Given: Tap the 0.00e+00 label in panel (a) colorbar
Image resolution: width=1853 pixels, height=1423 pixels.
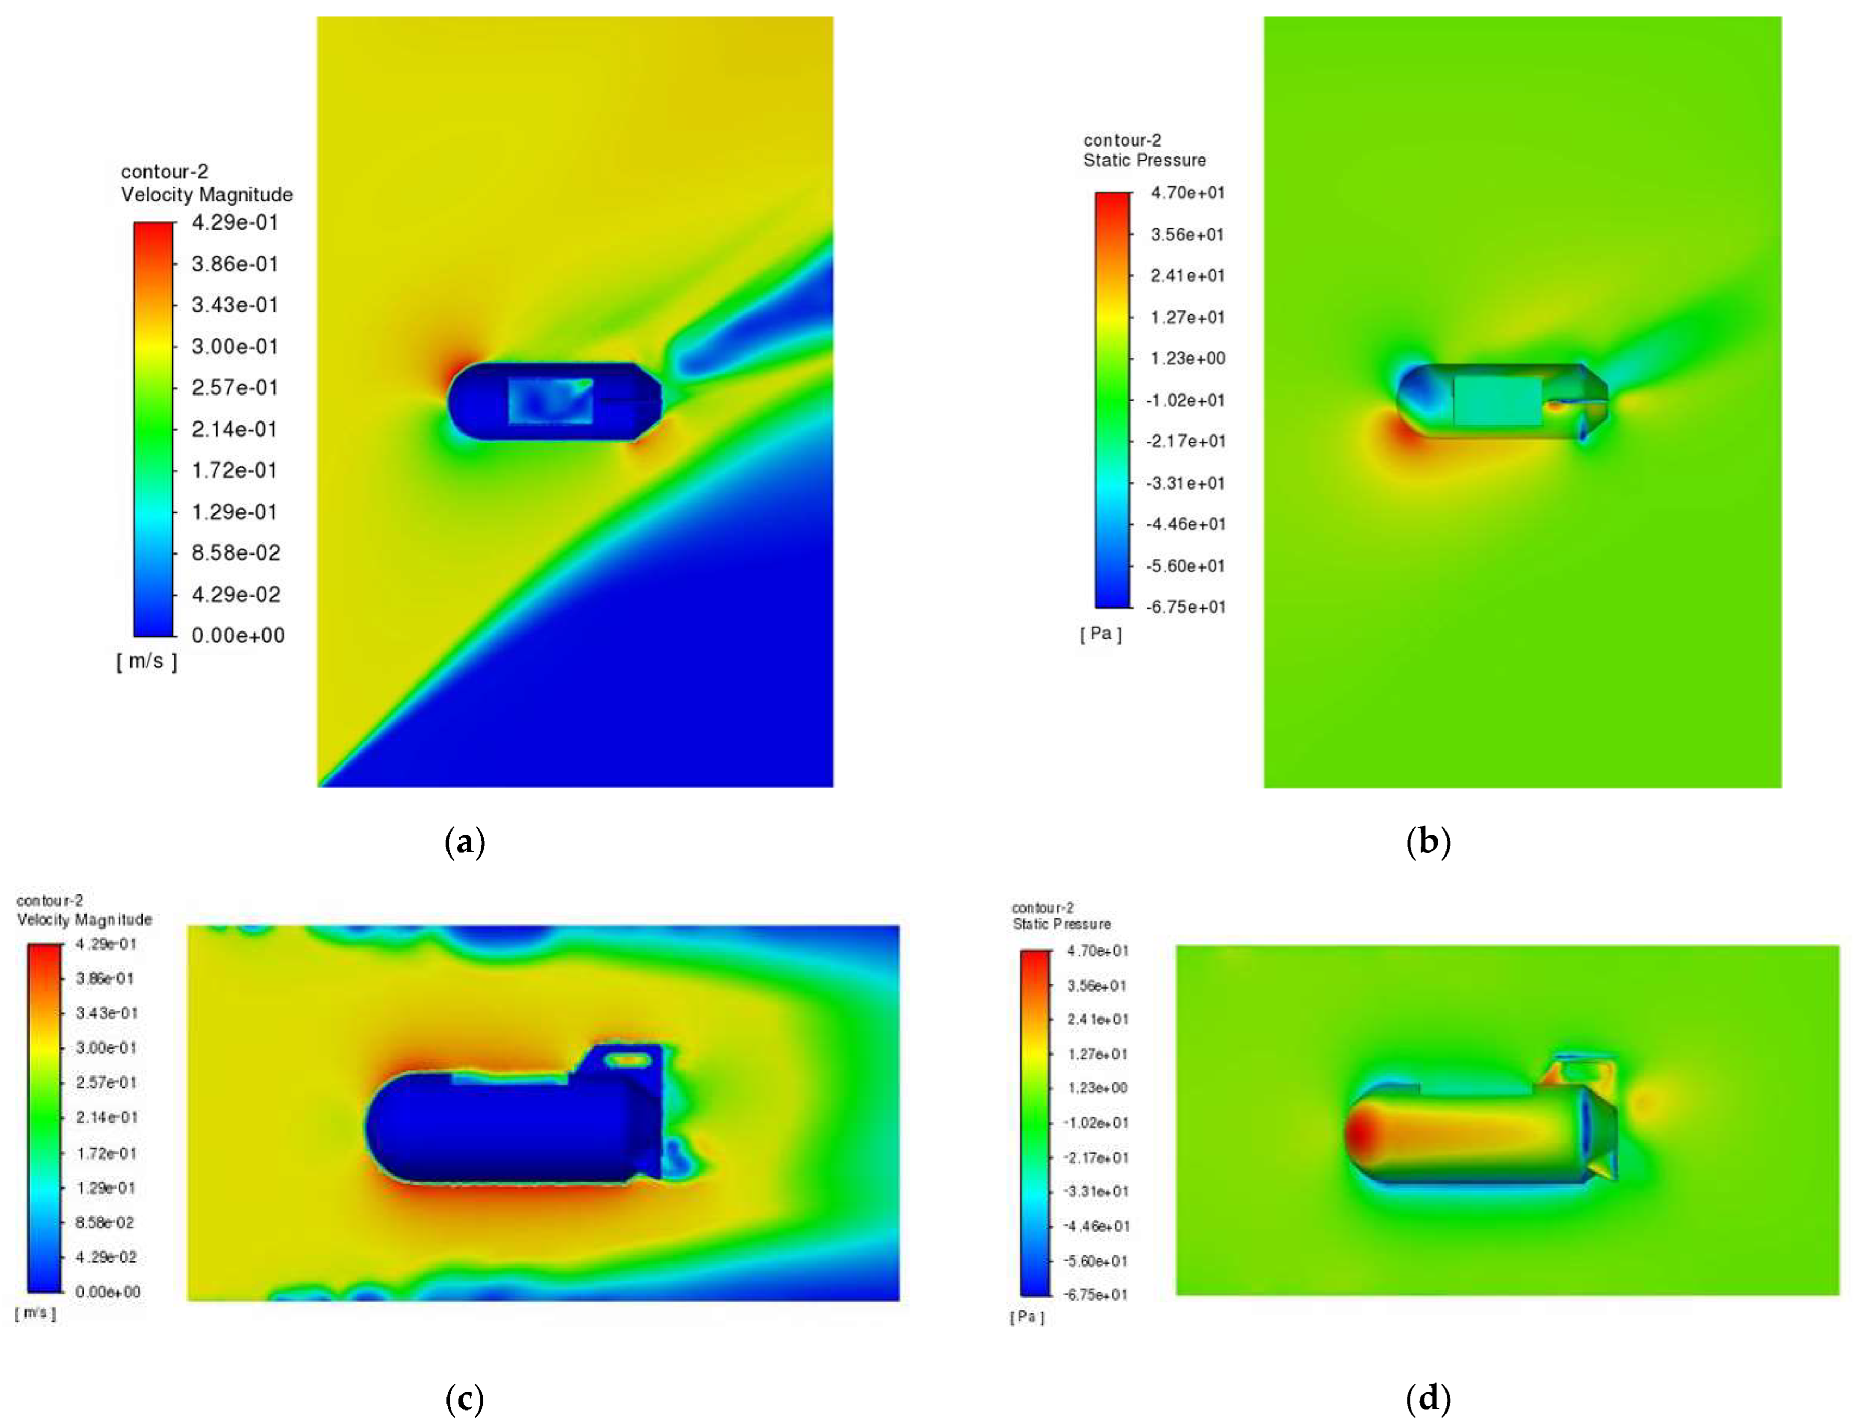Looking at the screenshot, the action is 238,635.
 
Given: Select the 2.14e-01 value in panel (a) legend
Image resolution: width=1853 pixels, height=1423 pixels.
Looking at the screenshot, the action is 234,429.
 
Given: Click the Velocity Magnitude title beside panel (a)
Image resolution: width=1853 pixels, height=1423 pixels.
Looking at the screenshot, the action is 207,194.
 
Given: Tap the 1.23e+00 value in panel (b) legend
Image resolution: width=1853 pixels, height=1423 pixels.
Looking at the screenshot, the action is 1187,358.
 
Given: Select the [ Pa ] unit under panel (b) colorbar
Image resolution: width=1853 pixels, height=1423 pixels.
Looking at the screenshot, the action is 1101,634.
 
